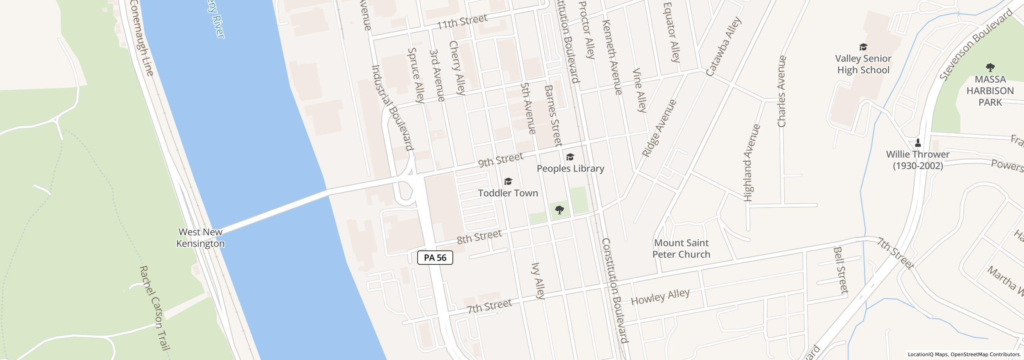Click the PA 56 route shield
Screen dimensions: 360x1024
pyautogui.click(x=435, y=258)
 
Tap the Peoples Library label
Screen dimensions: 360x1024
pyautogui.click(x=570, y=168)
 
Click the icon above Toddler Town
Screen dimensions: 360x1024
pyautogui.click(x=508, y=182)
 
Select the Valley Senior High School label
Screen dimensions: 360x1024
pyautogui.click(x=863, y=64)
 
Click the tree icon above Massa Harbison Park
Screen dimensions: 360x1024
pyautogui.click(x=990, y=67)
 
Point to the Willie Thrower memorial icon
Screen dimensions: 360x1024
pyautogui.click(x=918, y=143)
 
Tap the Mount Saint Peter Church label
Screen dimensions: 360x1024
pyautogui.click(x=681, y=248)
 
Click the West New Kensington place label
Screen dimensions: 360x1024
pyautogui.click(x=200, y=238)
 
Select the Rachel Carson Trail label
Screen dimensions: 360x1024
pyautogui.click(x=154, y=308)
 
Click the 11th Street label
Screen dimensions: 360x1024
pyautogui.click(x=462, y=22)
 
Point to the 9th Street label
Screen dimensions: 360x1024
pyautogui.click(x=501, y=160)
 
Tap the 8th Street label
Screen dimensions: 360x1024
pyautogui.click(x=479, y=237)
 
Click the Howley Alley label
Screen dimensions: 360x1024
pyautogui.click(x=660, y=296)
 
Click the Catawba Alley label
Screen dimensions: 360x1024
pyautogui.click(x=724, y=46)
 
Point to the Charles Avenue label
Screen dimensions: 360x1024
pyautogui.click(x=782, y=91)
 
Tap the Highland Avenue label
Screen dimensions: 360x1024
pyautogui.click(x=752, y=163)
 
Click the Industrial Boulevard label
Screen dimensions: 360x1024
pyautogui.click(x=392, y=108)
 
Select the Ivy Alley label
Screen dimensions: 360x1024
pyautogui.click(x=538, y=280)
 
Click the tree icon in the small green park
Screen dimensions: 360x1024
pyautogui.click(x=560, y=210)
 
